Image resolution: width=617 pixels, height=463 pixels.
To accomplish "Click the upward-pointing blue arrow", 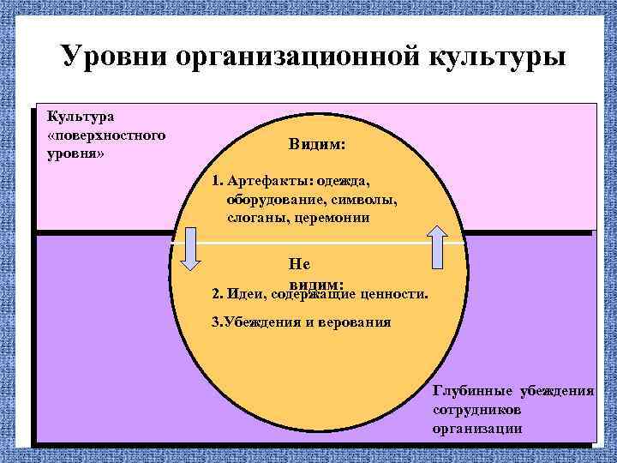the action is pyautogui.click(x=438, y=248).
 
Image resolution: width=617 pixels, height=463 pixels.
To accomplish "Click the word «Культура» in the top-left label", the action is pyautogui.click(x=75, y=116).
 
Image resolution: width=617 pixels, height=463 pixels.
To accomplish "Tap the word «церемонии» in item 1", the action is pyautogui.click(x=334, y=218).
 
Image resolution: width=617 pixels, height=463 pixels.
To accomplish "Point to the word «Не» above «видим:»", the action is pyautogui.click(x=300, y=265).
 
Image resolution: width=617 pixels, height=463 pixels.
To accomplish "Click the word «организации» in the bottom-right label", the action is pyautogui.click(x=477, y=428).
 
